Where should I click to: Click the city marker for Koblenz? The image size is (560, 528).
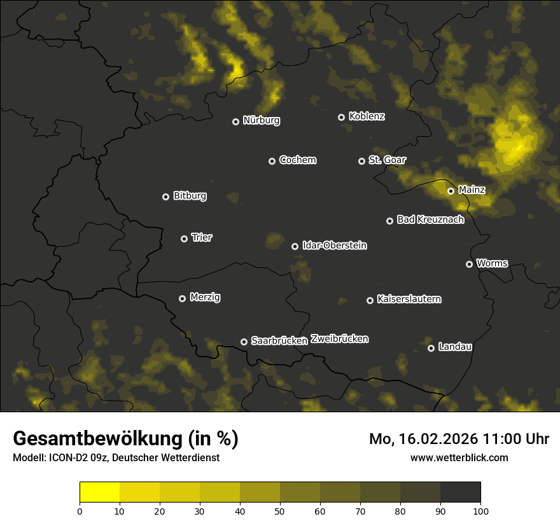click(341, 117)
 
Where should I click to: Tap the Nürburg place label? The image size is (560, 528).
click(261, 120)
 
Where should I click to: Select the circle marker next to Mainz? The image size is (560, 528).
click(451, 191)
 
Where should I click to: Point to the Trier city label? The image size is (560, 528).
click(202, 237)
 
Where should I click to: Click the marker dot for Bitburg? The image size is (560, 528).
click(166, 197)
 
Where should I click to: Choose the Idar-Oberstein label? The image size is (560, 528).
click(334, 246)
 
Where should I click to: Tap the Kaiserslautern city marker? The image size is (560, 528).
click(370, 300)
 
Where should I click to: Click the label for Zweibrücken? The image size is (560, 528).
click(339, 339)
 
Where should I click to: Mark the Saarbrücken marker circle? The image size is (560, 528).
click(244, 342)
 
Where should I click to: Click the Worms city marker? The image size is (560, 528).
click(469, 264)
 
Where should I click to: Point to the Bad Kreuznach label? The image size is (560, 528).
click(430, 219)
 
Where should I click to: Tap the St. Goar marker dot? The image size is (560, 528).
click(361, 161)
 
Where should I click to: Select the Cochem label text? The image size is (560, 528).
click(297, 160)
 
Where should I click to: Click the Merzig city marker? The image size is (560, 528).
click(182, 298)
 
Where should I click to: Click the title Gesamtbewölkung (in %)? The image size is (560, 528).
click(125, 439)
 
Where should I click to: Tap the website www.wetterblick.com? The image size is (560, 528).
click(459, 457)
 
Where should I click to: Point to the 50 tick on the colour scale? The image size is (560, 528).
click(280, 510)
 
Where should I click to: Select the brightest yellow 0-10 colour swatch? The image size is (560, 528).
click(100, 492)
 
